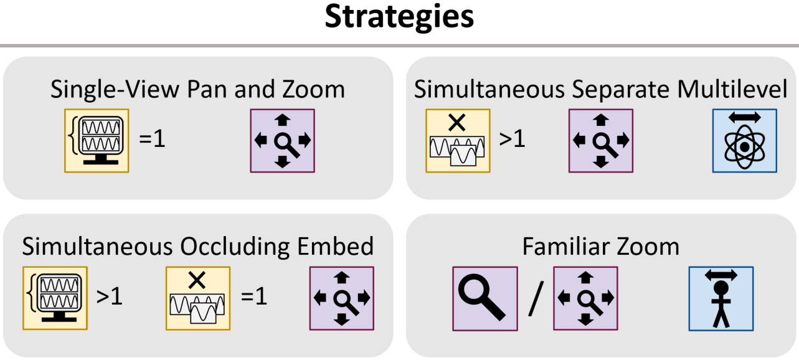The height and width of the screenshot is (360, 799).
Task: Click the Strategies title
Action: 399,17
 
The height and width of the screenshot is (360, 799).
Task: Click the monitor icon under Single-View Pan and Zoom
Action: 97,141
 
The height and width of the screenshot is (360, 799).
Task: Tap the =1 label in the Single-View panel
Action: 153,138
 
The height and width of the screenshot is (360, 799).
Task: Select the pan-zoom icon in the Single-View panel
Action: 283,141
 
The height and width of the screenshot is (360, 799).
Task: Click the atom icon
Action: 745,141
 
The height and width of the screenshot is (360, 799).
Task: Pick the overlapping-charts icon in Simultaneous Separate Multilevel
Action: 458,141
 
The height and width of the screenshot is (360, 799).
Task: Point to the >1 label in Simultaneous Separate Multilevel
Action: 512,138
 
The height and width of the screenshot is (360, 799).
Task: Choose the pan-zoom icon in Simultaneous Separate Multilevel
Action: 601,141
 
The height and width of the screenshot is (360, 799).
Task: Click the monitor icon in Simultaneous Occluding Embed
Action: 55,298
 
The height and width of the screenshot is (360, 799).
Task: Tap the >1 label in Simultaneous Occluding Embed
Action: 110,296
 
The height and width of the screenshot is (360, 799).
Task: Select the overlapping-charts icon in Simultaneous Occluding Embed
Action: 198,298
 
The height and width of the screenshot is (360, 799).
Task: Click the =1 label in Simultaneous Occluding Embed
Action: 254,296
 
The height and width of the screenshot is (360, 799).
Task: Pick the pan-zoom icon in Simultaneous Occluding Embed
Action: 342,298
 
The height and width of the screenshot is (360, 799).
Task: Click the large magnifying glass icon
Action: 485,298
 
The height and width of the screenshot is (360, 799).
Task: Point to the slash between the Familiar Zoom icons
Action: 536,298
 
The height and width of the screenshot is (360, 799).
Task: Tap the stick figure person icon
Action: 721,298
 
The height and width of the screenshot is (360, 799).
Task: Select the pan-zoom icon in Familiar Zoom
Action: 585,298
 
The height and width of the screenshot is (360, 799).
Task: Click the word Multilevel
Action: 732,89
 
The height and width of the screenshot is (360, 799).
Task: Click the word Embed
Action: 335,246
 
